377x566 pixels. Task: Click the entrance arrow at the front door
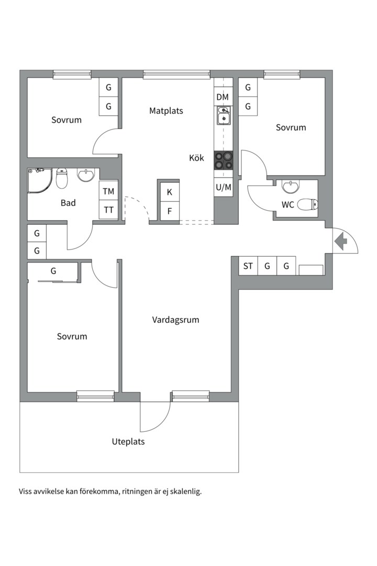[x=340, y=242]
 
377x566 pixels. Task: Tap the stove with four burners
[x=223, y=160]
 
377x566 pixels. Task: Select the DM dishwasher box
[x=223, y=97]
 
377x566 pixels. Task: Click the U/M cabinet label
[x=223, y=187]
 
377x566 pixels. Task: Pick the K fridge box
[x=170, y=192]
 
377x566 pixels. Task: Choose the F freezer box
[x=170, y=211]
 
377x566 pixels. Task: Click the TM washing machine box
[x=108, y=191]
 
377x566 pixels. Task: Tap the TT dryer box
[x=108, y=210]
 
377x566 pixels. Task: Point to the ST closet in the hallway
[x=248, y=266]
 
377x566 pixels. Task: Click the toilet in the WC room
[x=308, y=204]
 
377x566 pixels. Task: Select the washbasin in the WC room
[x=291, y=187]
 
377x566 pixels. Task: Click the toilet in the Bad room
[x=62, y=178]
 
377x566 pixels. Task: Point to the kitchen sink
[x=224, y=115]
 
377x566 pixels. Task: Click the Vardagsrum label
[x=176, y=320]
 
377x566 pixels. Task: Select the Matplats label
[x=167, y=111]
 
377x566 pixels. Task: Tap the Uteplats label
[x=128, y=441]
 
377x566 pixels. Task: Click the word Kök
[x=197, y=158]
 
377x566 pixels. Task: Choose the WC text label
[x=287, y=205]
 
